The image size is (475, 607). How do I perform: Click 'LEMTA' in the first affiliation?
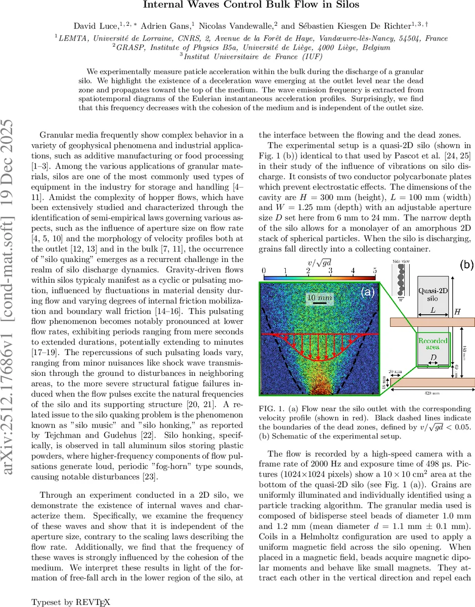pos(74,37)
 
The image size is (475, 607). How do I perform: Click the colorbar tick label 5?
pos(375,271)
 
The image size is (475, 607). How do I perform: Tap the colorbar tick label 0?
pos(264,271)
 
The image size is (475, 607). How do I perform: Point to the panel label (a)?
pos(368,292)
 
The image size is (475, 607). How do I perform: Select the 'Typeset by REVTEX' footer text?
pos(70,602)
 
